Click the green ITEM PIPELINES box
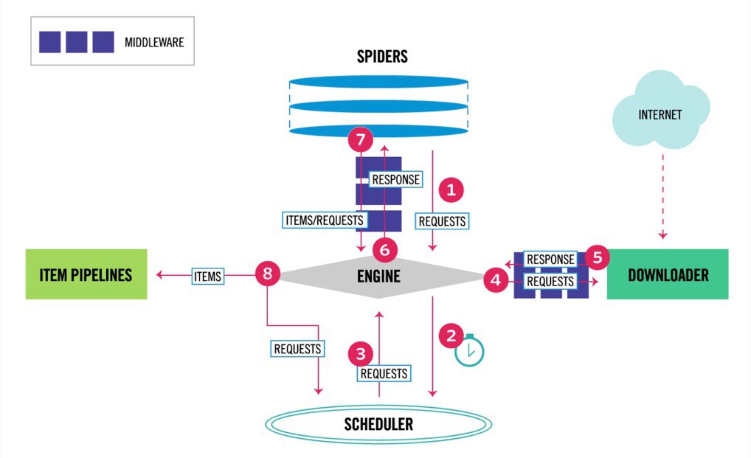(86, 274)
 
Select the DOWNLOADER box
(668, 274)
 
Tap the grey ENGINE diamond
(378, 277)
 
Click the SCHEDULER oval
(378, 424)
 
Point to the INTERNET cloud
(660, 110)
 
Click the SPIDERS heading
(382, 57)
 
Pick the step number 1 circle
(451, 190)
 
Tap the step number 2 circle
(451, 336)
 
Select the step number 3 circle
(361, 354)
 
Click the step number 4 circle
(496, 280)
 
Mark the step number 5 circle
(598, 257)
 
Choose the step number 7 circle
(361, 139)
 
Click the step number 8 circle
(268, 274)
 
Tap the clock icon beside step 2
(469, 350)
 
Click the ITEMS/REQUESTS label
(325, 220)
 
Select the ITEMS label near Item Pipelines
(208, 276)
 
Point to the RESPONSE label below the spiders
(395, 179)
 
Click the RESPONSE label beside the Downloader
(550, 260)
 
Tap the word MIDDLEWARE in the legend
(154, 43)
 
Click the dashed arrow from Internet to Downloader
(663, 196)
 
